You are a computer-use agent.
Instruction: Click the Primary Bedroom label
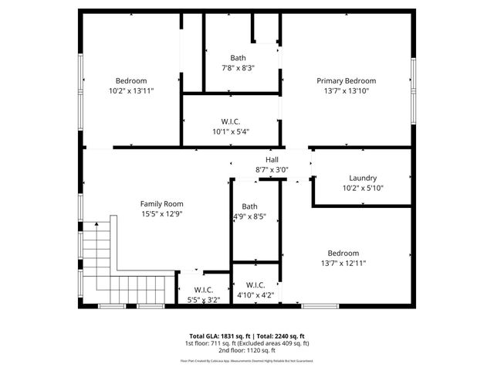pos(346,80)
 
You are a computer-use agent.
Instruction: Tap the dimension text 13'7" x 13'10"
pos(346,90)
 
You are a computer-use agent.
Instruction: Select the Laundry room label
pos(362,178)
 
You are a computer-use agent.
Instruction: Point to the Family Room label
pos(161,203)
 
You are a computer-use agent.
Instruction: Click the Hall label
pos(272,159)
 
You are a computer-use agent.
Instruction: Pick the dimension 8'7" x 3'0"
pos(272,169)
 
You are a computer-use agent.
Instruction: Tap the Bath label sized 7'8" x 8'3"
pos(239,58)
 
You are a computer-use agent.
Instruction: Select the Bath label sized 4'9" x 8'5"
pos(249,206)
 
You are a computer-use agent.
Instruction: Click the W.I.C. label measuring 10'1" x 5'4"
pos(231,121)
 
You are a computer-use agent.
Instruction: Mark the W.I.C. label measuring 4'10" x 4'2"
pos(255,284)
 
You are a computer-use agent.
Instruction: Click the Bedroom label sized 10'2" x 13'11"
pos(131,80)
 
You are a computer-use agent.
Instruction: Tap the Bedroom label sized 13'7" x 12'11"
pos(343,253)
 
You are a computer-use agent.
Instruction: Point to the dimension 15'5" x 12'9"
pos(161,213)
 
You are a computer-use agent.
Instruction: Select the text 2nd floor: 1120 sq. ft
pos(246,350)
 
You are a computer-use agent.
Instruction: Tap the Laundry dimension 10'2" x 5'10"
pos(362,188)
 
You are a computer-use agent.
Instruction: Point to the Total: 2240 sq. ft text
pos(283,335)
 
